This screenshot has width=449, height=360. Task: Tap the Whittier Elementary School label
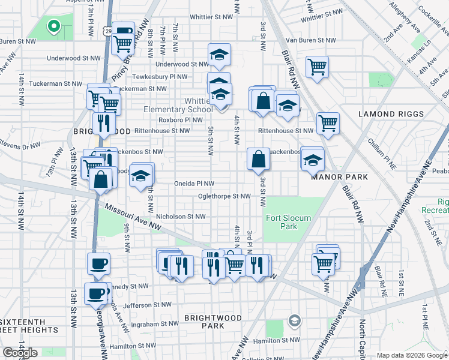click(x=178, y=105)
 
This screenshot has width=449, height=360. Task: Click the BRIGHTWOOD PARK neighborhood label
click(x=213, y=322)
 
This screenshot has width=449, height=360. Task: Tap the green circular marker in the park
click(x=53, y=26)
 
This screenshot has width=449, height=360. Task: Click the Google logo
click(x=20, y=353)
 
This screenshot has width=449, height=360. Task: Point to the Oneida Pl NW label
click(x=194, y=184)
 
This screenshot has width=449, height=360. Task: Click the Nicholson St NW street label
click(x=181, y=217)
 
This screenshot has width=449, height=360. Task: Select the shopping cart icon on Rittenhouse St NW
click(x=328, y=123)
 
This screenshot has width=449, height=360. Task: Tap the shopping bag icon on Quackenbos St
click(x=258, y=159)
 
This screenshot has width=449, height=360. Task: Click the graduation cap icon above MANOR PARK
click(x=312, y=160)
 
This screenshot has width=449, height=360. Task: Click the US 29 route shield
click(x=106, y=30)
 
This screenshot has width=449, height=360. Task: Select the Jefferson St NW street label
click(x=148, y=305)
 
